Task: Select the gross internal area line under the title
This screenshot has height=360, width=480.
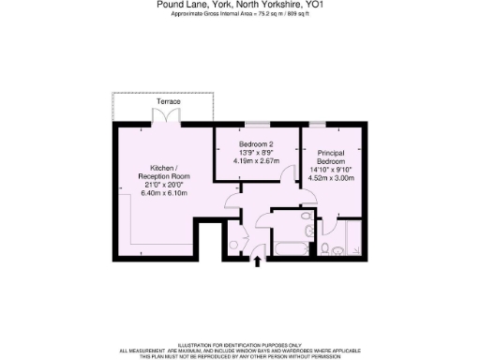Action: [240, 15]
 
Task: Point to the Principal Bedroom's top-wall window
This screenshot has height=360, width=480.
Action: [320, 125]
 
